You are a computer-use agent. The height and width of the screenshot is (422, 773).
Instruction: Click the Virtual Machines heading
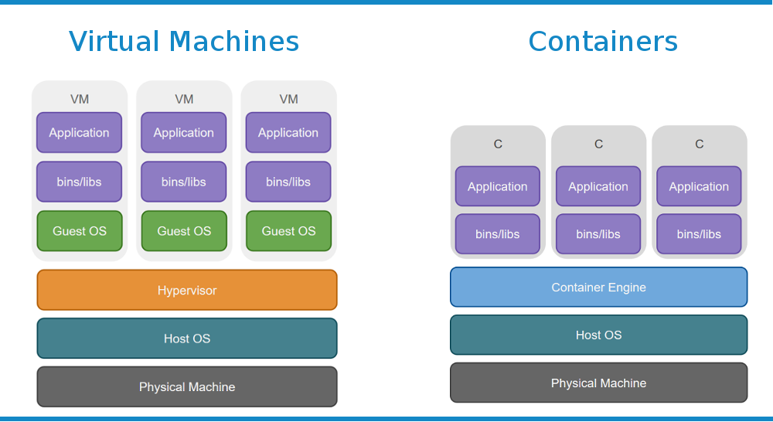pos(184,41)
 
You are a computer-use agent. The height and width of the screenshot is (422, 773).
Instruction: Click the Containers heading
pos(603,41)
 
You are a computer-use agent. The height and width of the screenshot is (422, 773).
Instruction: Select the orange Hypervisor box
pos(187,290)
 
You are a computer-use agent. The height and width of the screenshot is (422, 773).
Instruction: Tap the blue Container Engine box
pos(598,287)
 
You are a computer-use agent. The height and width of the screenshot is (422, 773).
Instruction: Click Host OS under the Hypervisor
pos(187,339)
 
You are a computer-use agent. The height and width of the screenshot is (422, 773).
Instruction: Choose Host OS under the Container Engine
pos(598,335)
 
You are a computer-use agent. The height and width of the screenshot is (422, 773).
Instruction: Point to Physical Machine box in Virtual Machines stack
pos(187,386)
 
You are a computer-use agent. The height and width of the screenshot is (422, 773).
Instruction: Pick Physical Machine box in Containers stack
pos(598,383)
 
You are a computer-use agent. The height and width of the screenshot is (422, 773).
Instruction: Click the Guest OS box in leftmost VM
pos(80,231)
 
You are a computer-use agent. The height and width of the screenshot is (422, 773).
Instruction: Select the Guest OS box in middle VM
pos(184,231)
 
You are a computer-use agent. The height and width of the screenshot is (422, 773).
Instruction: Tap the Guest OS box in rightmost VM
pos(288,231)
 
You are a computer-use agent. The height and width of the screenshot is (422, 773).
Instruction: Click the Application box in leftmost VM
pos(80,132)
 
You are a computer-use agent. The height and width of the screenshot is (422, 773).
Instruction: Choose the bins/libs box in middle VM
pos(184,182)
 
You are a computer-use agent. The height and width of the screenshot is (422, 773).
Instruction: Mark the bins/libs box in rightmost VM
pos(288,182)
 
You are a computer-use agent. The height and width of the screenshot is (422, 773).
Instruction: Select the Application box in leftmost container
pos(498,186)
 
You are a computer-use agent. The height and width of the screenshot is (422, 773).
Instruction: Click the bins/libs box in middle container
pos(598,234)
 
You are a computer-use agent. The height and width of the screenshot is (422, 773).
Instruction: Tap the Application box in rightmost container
pos(699,186)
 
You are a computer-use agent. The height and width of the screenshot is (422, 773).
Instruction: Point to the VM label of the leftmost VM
pos(80,99)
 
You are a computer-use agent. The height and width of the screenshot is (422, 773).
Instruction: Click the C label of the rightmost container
pos(699,144)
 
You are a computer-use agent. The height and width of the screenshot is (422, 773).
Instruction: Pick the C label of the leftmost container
pos(498,144)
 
